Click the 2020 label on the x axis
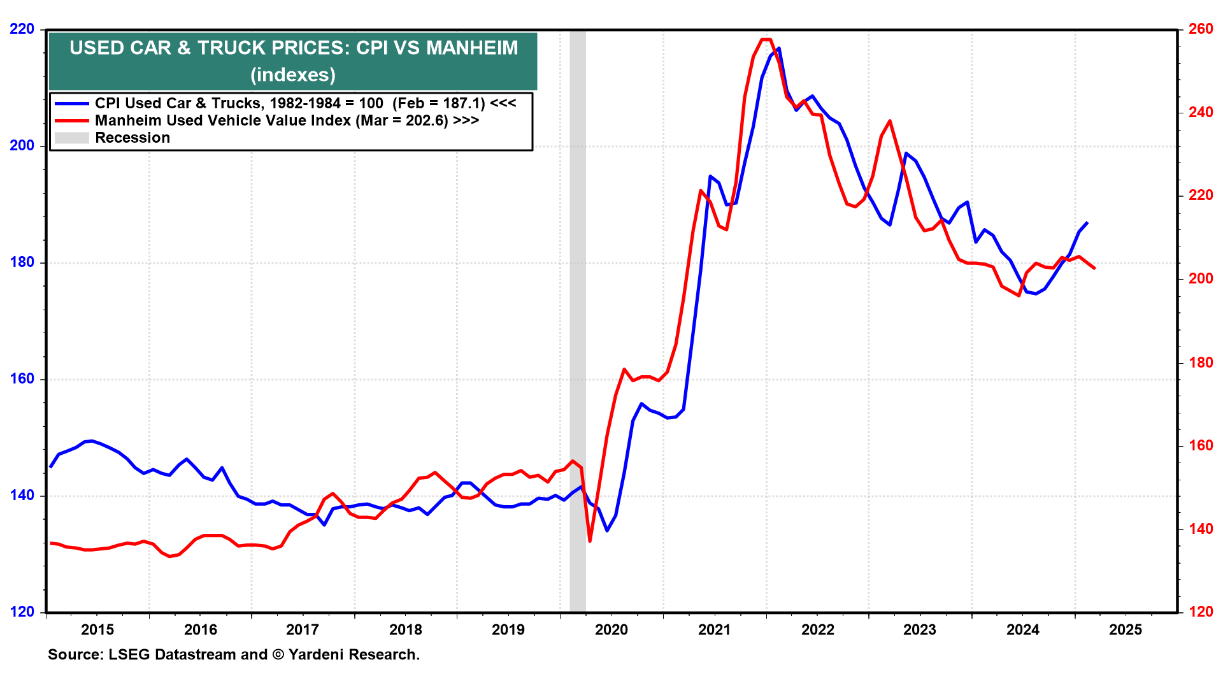pos(611,630)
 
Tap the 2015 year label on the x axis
pos(97,630)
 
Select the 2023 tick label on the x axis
pos(920,630)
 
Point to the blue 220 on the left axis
pos(22,29)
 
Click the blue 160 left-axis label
pos(22,379)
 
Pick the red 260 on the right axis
pos(1201,29)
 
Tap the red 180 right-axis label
pos(1201,362)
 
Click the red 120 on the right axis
pos(1201,612)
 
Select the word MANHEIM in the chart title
pos(472,48)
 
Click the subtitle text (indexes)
pos(293,75)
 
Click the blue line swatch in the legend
pos(71,103)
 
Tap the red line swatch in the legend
pos(71,120)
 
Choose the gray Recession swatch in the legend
pos(71,138)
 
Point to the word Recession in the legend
pos(132,138)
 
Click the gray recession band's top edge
pos(577,31)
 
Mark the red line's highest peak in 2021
pos(766,39)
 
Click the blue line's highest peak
pos(778,48)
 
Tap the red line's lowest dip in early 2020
pos(590,541)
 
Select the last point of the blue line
pos(1087,222)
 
